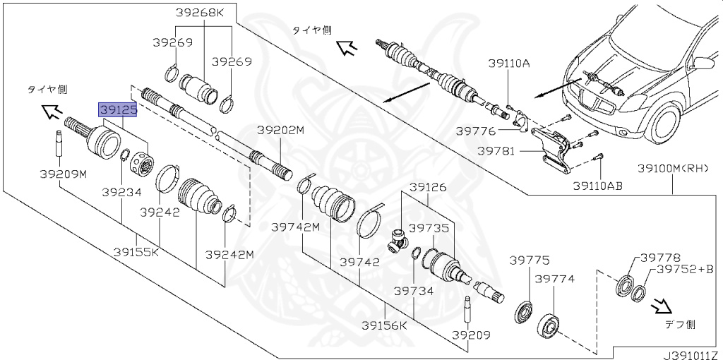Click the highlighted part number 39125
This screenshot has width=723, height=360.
(x=117, y=109)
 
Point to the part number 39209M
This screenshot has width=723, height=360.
(x=62, y=174)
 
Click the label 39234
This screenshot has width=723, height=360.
(x=121, y=191)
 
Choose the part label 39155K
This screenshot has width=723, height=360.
(x=137, y=251)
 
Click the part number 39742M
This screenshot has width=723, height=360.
(x=296, y=227)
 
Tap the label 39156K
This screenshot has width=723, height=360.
(x=384, y=325)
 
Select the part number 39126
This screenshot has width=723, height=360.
(x=429, y=187)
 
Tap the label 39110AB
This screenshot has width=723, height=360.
(x=598, y=186)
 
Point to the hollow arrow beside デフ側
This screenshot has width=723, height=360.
(x=662, y=306)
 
